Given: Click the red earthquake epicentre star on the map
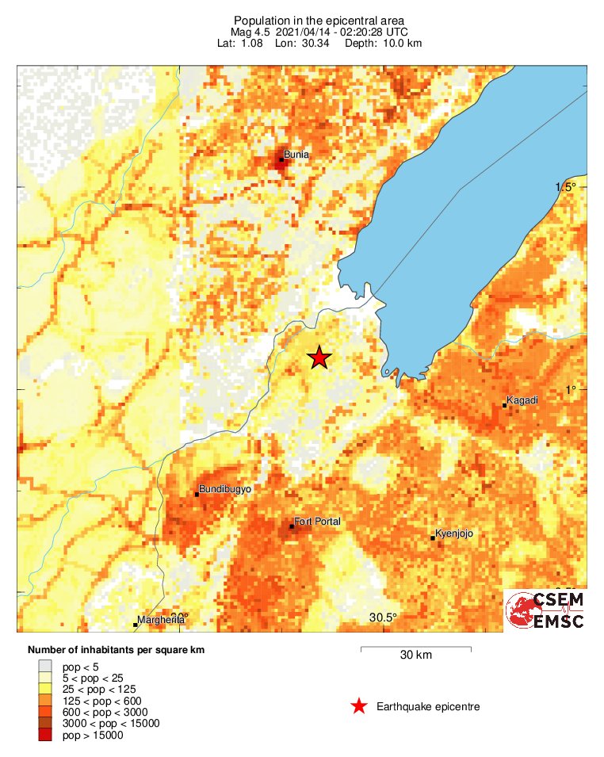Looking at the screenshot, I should coord(319,357).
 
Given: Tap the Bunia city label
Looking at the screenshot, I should coord(296,155).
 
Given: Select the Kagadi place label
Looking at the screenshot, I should coord(522,400).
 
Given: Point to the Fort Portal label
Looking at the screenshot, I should coord(317,522).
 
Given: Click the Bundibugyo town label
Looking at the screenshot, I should coord(225,489).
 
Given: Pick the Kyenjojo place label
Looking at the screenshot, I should coord(455,533).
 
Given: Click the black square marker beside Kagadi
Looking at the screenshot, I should coord(505,406).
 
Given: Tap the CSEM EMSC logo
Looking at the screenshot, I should coord(545,610).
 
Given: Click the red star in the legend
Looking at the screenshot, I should coord(359,706).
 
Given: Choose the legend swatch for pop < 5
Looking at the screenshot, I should coord(46,667).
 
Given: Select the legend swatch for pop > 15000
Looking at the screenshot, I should coord(46,736).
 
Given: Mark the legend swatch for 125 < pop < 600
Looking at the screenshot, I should coord(46,701).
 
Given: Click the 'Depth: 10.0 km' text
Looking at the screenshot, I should coord(383,43).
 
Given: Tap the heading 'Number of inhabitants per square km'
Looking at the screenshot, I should coord(116,650).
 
